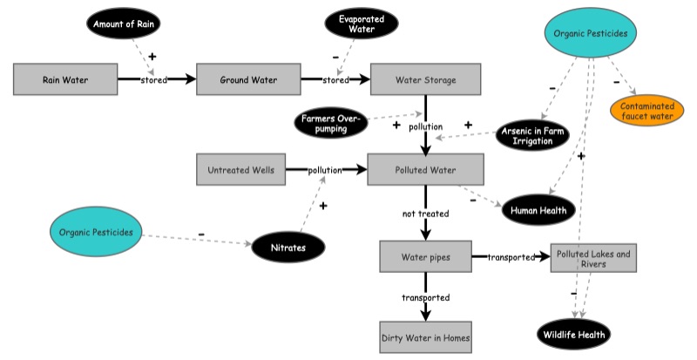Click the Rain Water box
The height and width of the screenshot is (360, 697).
tap(66, 79)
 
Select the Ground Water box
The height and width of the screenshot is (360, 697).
tap(248, 79)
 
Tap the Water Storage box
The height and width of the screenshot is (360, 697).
tap(425, 80)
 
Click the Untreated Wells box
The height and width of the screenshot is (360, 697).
tap(241, 170)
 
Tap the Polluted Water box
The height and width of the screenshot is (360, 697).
tap(425, 170)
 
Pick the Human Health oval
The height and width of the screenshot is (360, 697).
tap(539, 209)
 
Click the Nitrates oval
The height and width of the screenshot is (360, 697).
tap(288, 248)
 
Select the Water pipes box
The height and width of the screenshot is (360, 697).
tap(425, 257)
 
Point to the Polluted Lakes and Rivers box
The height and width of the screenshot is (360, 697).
tap(593, 258)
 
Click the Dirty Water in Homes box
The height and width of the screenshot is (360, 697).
tap(425, 336)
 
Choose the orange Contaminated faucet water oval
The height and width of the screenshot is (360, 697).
tap(648, 109)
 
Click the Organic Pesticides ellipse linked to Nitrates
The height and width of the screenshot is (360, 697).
tap(96, 233)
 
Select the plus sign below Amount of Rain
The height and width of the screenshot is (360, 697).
tap(152, 56)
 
